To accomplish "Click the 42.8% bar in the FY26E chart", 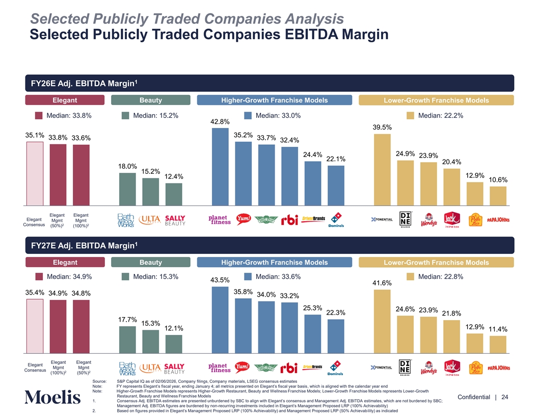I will click(220, 166).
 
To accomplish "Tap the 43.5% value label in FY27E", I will click(220, 280).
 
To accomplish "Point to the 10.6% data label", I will click(498, 180).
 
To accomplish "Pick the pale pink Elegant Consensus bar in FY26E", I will click(35, 173).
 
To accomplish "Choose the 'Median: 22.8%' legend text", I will click(440, 277).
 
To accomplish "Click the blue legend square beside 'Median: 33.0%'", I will click(248, 116).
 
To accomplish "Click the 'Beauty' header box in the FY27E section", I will click(151, 263).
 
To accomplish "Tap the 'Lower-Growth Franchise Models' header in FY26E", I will click(437, 100).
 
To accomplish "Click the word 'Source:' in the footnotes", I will click(99, 381).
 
